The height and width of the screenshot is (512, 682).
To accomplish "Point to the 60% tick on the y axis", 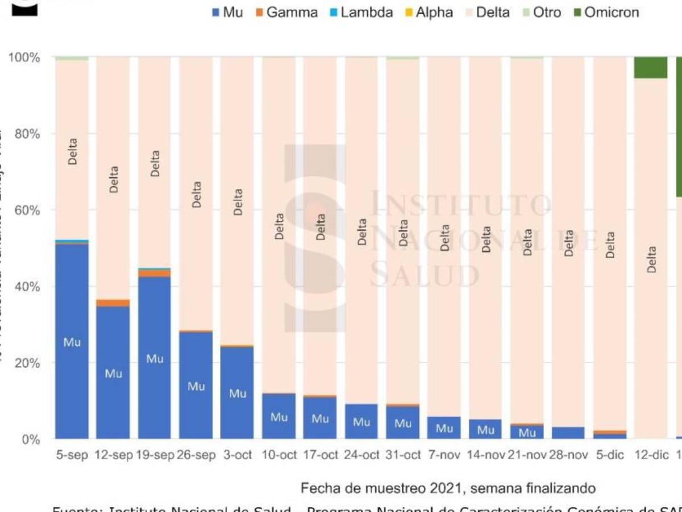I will pos(24,210).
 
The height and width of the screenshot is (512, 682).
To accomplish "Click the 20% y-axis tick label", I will pos(24,363).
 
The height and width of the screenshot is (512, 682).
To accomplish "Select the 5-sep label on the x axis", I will pos(72,456).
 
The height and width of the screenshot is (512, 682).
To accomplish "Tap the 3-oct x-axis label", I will pos(237,456).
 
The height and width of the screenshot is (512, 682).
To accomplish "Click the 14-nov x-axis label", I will pos(486,456).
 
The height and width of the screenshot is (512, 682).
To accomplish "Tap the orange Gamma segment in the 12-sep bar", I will pos(113,303).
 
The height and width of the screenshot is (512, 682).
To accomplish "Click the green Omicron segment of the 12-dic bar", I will pos(651,67).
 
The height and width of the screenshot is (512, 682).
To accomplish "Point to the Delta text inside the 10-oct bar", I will pos(279,226).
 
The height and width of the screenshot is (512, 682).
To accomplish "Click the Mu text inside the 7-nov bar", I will pos(444,428).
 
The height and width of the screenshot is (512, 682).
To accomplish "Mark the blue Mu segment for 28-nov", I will pos(568,433).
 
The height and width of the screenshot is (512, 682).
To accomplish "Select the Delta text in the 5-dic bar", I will pos(610,245).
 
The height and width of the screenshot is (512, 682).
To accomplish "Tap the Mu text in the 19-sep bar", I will pos(155,359).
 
